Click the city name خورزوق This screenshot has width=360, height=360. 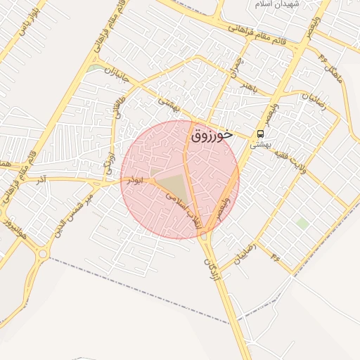212,135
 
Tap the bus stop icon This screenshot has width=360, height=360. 261,133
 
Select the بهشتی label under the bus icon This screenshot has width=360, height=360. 261,143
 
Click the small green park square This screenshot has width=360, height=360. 302,224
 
